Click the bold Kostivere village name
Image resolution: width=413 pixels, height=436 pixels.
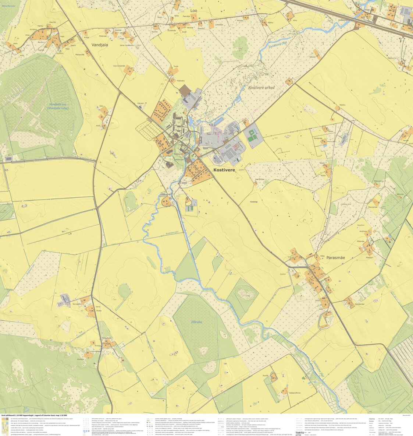pos(224,170)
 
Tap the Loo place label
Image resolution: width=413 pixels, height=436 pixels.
pos(193,11)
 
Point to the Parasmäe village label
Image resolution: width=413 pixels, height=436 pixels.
pos(335,258)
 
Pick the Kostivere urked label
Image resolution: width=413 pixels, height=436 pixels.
pos(261,88)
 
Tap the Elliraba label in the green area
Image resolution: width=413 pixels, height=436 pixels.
pos(197,321)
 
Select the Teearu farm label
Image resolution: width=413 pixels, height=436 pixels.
pos(342,105)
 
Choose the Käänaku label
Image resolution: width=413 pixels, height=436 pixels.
pos(181,81)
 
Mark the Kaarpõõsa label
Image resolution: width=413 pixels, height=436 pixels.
pos(260,179)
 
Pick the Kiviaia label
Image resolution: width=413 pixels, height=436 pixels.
pos(97,346)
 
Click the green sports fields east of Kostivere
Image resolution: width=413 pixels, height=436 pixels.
pos(252,135)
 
